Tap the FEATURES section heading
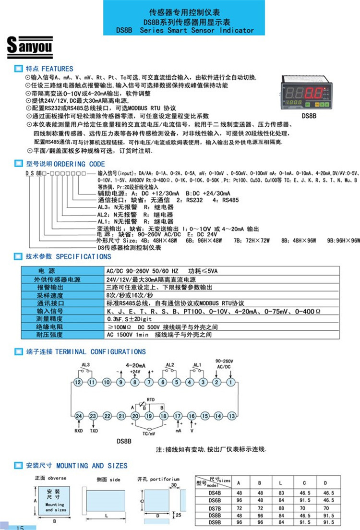tap(49, 69)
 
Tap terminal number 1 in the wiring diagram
tap(231, 382)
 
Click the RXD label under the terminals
tap(79, 431)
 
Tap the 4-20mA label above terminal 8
tap(135, 365)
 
